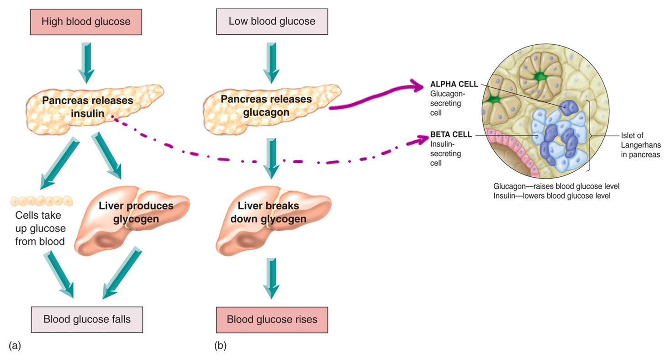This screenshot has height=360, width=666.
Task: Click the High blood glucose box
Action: coord(86,21)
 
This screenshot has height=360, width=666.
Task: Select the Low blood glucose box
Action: coord(272,21)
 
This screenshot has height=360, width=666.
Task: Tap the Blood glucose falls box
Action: coord(87,319)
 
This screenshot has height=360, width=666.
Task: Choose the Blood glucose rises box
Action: coord(272,319)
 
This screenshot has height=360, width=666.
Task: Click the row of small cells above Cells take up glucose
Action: coord(41,200)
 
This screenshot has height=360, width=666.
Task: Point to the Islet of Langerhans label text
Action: coord(640,145)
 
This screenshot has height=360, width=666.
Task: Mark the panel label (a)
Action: coord(15,346)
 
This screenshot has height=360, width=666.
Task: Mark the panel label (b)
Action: coord(220,346)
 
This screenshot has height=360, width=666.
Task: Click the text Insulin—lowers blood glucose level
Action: coord(552,196)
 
